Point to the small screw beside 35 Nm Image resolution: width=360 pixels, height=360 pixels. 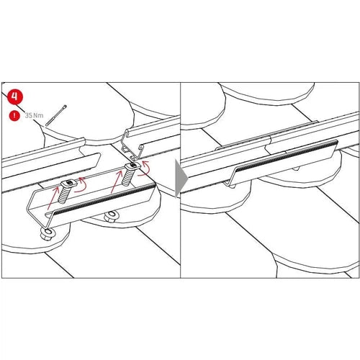coord(56,116)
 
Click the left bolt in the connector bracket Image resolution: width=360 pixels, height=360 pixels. coord(66,190)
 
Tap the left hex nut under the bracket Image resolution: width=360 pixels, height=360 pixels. coord(48,234)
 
